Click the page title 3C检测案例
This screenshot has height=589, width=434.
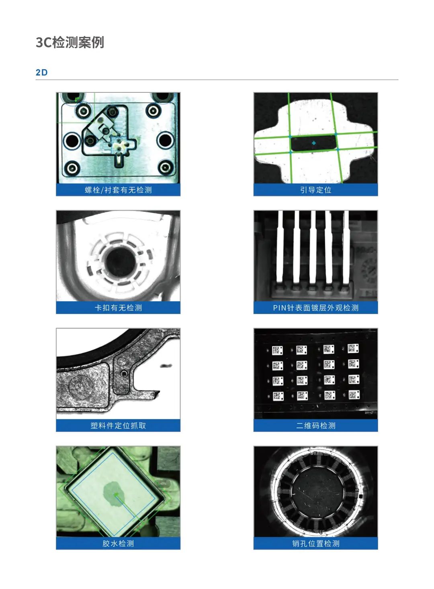[70, 42]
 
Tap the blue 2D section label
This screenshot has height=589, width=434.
[41, 73]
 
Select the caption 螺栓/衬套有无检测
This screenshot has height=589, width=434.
[118, 190]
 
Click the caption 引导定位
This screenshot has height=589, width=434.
[315, 190]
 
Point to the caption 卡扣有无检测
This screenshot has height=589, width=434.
[118, 308]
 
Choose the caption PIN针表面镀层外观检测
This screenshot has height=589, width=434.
[315, 308]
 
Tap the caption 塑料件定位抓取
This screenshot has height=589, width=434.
[118, 425]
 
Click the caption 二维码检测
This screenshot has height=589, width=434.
[315, 425]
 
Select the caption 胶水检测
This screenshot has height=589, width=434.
[118, 544]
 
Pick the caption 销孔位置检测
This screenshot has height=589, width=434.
[315, 544]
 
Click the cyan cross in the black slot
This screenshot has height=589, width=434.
[313, 143]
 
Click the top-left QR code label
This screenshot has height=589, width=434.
[277, 350]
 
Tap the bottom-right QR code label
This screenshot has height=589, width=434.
[354, 395]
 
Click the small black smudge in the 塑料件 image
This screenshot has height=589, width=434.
[166, 366]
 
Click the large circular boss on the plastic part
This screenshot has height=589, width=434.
[81, 386]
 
